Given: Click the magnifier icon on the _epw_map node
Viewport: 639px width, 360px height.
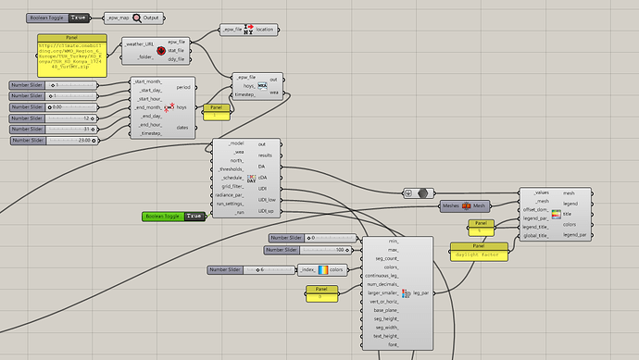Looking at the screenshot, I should point(136,17).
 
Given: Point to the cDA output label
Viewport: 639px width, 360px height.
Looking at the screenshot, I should point(263,177).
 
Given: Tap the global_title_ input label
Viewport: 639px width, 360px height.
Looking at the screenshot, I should point(535,236).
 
